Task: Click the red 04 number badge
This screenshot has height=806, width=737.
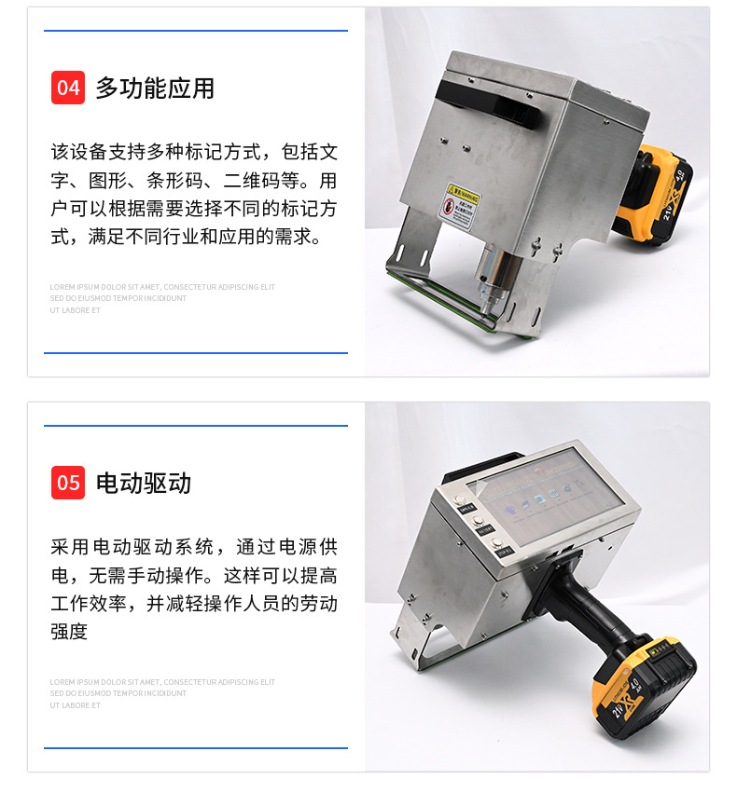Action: tap(68, 88)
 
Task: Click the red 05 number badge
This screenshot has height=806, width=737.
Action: tap(68, 483)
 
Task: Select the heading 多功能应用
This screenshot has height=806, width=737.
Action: tap(155, 89)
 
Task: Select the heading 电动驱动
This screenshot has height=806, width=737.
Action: tap(144, 484)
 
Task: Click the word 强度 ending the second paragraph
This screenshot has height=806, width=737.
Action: tap(69, 632)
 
